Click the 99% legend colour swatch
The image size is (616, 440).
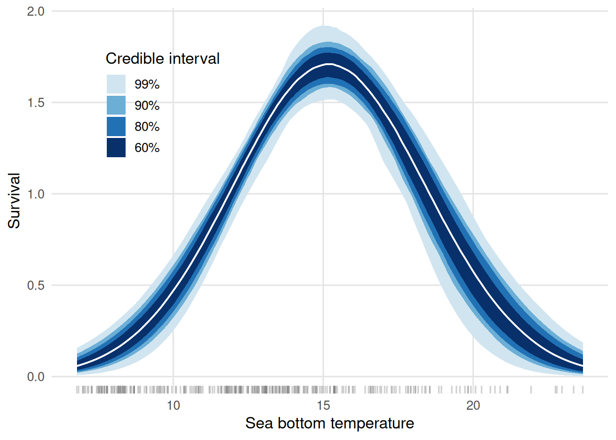(x=116, y=84)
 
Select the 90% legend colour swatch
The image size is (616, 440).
(x=116, y=105)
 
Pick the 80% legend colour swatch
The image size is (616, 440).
(x=116, y=126)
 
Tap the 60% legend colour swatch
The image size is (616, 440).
(x=116, y=148)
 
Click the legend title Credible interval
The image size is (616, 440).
(x=162, y=59)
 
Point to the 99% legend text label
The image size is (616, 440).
(x=147, y=84)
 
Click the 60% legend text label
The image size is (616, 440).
(x=147, y=148)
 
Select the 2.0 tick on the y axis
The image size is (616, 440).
(x=36, y=11)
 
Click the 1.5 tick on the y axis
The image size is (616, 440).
(x=36, y=103)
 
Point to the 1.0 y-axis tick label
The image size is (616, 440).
(x=36, y=194)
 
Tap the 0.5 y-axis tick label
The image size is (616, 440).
(x=36, y=285)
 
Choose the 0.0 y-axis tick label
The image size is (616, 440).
(x=36, y=377)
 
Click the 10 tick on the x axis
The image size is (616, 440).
(x=173, y=406)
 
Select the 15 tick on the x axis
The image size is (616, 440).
(x=323, y=406)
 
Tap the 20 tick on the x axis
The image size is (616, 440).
(x=473, y=406)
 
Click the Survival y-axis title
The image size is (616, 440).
(x=14, y=200)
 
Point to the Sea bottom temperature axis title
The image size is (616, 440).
(x=330, y=423)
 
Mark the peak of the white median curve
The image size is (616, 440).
(x=329, y=64)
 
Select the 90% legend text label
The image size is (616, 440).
(x=147, y=105)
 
